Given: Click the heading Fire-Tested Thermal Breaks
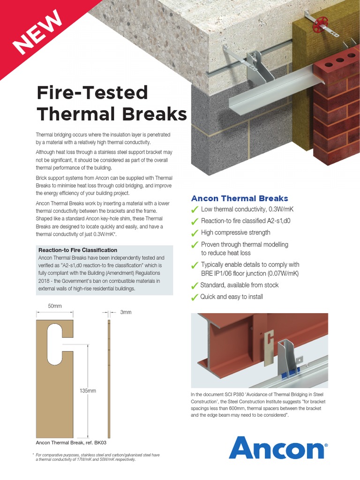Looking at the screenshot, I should pyautogui.click(x=112, y=103).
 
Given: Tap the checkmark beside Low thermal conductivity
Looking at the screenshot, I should pyautogui.click(x=195, y=210).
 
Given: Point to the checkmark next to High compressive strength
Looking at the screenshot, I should pyautogui.click(x=195, y=233).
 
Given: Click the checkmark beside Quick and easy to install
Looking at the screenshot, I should pyautogui.click(x=195, y=297).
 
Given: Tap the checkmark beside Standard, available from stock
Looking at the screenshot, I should pyautogui.click(x=195, y=285).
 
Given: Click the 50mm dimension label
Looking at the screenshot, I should pyautogui.click(x=55, y=306).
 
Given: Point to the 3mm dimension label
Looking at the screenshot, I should pyautogui.click(x=126, y=312).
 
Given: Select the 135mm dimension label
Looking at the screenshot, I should pyautogui.click(x=88, y=390).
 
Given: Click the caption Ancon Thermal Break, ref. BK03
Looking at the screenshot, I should pyautogui.click(x=74, y=442).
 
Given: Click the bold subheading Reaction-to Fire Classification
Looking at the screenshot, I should pyautogui.click(x=78, y=250).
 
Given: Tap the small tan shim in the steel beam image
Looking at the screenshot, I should pyautogui.click(x=269, y=347).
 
